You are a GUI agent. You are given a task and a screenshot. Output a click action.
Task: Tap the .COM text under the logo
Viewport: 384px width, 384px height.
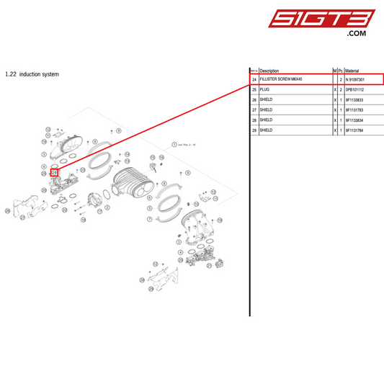(x=356, y=34)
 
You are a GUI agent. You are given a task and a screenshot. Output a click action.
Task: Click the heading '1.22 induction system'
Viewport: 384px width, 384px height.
(x=32, y=74)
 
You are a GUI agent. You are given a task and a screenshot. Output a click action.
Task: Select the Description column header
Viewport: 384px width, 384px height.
(x=269, y=71)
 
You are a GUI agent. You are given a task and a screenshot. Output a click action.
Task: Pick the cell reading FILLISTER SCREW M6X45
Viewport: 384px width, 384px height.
(x=281, y=79)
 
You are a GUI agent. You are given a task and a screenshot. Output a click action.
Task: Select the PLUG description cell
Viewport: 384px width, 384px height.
(x=264, y=89)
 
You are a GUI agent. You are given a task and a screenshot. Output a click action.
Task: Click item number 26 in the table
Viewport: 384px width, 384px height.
(x=254, y=99)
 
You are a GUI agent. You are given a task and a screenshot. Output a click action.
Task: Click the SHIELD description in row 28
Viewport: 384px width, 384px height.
(x=266, y=120)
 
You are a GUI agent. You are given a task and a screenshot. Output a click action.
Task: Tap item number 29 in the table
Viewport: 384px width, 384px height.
(x=254, y=130)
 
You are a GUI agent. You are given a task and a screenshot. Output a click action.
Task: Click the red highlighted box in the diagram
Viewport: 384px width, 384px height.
(x=54, y=172)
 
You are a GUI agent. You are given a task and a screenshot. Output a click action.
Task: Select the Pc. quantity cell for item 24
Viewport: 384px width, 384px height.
(x=340, y=79)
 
